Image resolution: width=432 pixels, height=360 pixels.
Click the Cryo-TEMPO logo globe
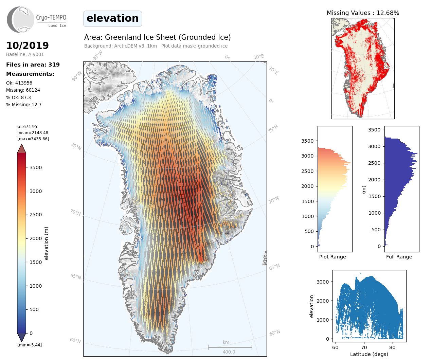click(x=21, y=19)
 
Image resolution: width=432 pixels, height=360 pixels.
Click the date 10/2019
click(x=28, y=46)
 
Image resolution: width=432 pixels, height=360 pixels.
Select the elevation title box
click(x=112, y=18)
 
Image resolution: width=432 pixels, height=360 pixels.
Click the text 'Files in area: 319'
click(x=33, y=65)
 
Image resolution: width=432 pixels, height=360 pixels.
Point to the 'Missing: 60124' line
click(x=23, y=90)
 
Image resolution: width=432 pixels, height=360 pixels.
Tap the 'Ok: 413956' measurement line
click(x=19, y=83)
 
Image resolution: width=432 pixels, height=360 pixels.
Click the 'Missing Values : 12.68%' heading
click(x=363, y=13)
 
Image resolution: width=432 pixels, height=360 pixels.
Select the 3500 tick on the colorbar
click(x=36, y=167)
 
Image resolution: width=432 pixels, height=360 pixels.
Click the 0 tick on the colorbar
click(x=31, y=333)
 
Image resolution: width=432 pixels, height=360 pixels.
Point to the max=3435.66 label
click(x=33, y=139)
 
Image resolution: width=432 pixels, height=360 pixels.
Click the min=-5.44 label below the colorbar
click(x=30, y=345)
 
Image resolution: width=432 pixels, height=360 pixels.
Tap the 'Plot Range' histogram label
click(x=332, y=257)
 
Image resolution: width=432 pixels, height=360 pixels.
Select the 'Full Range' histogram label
click(x=399, y=257)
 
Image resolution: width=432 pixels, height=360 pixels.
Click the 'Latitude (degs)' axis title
click(x=369, y=354)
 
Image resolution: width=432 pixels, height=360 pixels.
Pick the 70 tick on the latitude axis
click(x=364, y=347)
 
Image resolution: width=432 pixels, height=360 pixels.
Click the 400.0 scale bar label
click(x=229, y=352)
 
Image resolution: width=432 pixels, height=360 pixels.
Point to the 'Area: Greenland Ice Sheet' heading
click(x=157, y=37)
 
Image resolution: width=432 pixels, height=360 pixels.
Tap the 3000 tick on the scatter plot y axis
click(x=323, y=282)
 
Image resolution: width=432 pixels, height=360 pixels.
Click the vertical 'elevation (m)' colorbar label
click(x=47, y=243)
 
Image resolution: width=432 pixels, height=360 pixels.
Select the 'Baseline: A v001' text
click(x=25, y=54)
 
